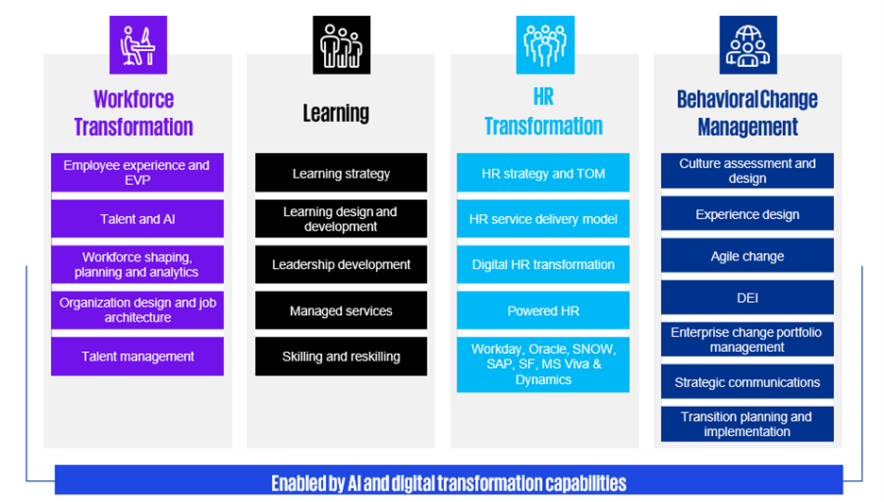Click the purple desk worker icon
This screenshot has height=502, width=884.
tap(138, 45)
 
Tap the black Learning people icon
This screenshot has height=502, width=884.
tap(342, 45)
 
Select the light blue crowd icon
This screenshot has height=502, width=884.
tap(545, 45)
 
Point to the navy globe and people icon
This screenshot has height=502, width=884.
tap(748, 45)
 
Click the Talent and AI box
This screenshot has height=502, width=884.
tap(138, 219)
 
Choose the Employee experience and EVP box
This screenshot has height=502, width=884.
tap(138, 173)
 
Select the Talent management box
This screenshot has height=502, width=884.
tap(138, 356)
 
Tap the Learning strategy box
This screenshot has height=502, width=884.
tap(341, 173)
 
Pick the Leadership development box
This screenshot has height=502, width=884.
tap(341, 264)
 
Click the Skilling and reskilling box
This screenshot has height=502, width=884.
tap(341, 356)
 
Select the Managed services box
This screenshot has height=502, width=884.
tap(341, 310)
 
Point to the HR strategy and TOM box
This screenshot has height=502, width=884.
tap(543, 173)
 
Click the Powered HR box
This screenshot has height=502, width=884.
tap(543, 310)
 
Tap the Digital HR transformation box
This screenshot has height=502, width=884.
tap(543, 264)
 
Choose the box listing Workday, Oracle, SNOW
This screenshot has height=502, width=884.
tap(543, 364)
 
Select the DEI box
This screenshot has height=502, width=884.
tap(748, 297)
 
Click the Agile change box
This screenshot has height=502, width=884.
tap(748, 256)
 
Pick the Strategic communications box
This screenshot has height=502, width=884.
tap(748, 382)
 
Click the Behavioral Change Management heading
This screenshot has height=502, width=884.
tap(748, 113)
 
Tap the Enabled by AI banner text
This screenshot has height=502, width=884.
tap(449, 483)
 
